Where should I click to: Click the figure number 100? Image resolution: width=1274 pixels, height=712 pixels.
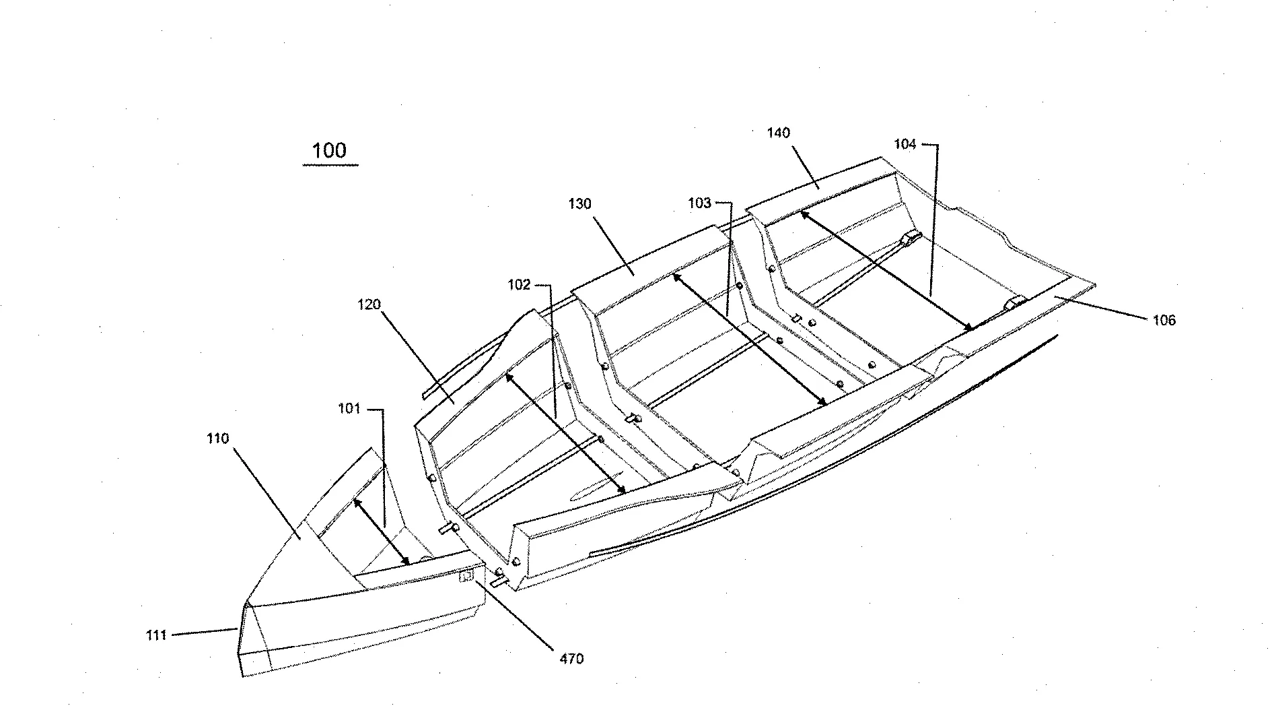pos(329,150)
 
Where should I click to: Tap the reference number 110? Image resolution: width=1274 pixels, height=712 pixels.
pos(218,439)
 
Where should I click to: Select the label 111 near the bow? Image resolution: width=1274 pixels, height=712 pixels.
pos(156,635)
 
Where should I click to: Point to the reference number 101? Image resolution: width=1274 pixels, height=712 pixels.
pos(349,409)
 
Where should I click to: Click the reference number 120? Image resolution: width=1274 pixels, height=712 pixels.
pos(369,304)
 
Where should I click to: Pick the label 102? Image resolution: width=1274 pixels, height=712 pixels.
pos(519,285)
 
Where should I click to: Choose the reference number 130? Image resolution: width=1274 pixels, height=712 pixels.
pos(579,203)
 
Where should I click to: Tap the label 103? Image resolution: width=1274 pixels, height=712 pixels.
pos(699,203)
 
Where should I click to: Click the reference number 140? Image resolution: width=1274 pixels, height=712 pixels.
pos(778,133)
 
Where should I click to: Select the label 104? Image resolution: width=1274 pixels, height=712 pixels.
pos(905,144)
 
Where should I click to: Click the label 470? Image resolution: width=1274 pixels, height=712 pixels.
pos(571,659)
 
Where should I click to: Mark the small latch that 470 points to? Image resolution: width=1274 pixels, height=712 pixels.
pos(465,577)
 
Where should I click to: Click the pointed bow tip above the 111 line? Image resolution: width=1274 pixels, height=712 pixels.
pos(246,603)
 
